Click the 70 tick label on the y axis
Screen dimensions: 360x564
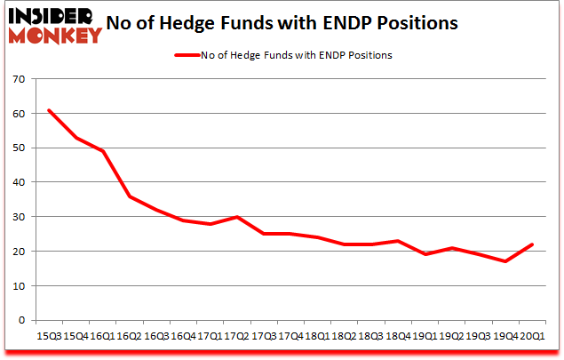click(18, 79)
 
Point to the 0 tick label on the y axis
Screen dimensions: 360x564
click(20, 320)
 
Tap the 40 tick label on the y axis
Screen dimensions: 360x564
click(18, 182)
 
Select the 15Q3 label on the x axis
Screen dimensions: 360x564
click(49, 337)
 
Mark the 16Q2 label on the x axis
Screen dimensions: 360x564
click(130, 337)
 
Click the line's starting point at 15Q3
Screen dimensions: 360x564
click(50, 110)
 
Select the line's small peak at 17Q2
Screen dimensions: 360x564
click(236, 217)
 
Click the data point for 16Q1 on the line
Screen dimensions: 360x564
click(103, 151)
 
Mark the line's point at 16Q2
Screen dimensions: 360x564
click(130, 196)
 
